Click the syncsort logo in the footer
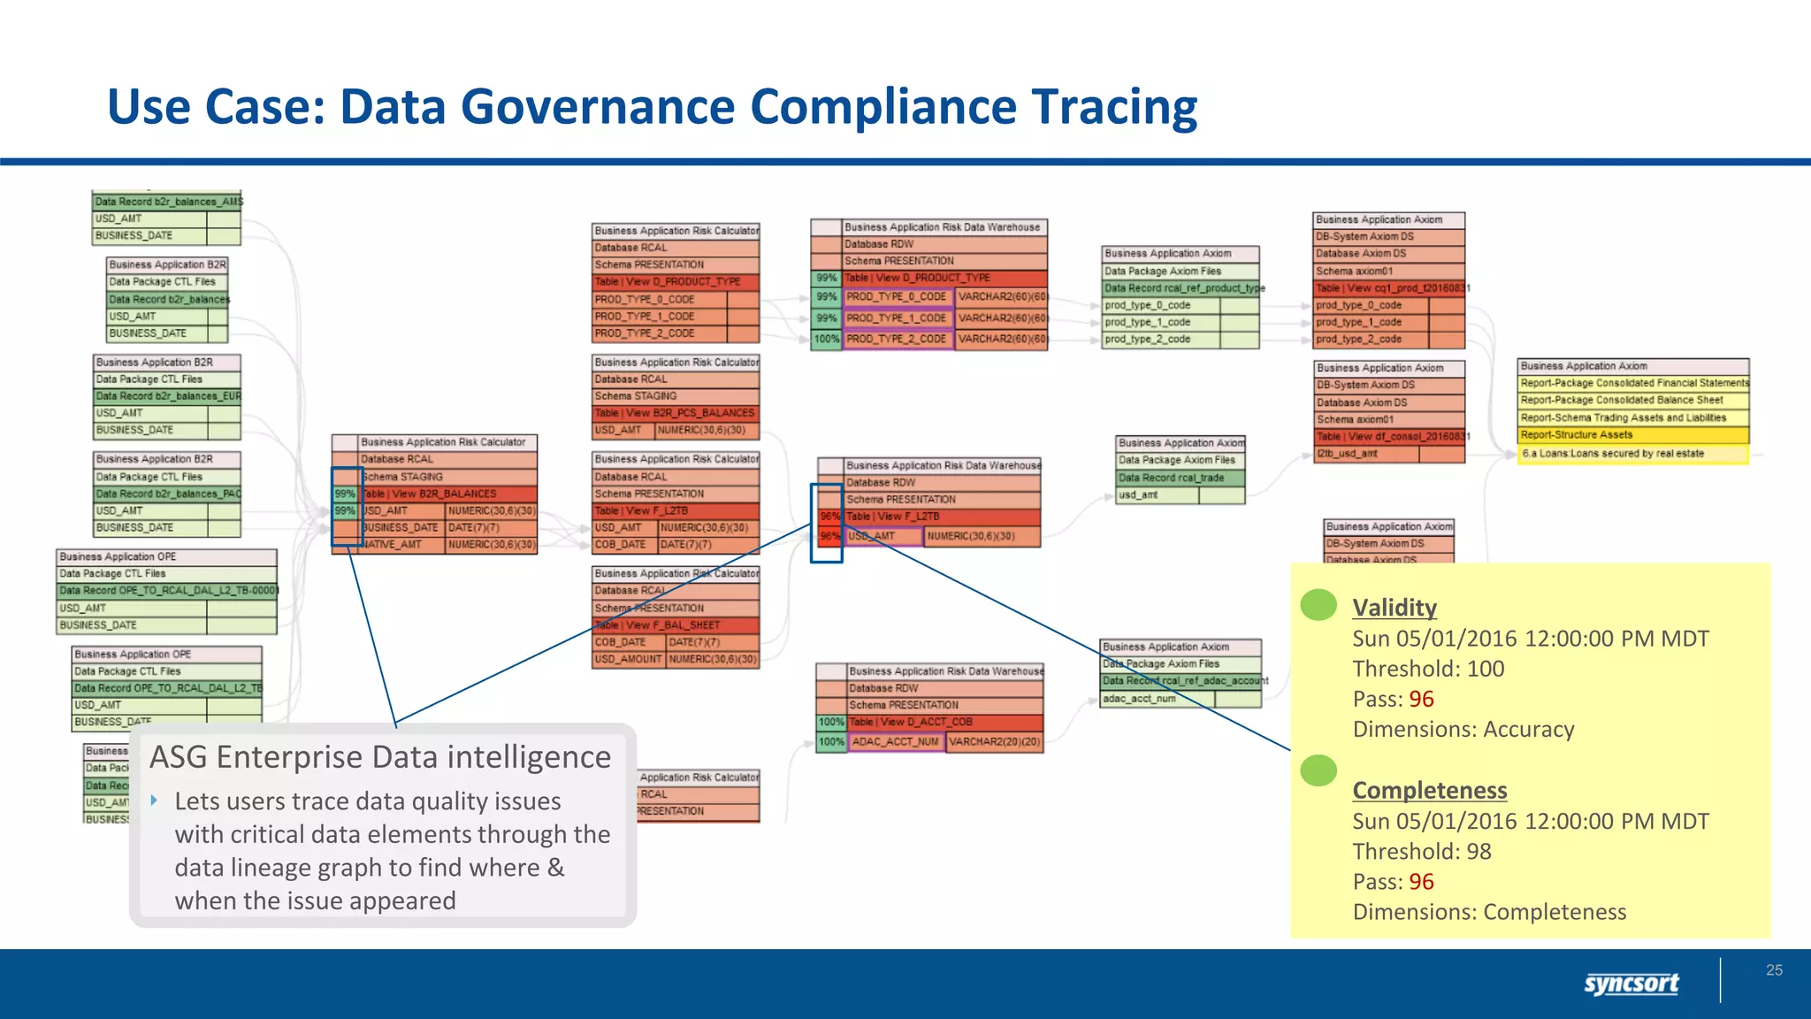pyautogui.click(x=1631, y=983)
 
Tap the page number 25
pyautogui.click(x=1774, y=970)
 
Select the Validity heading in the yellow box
pyautogui.click(x=1395, y=608)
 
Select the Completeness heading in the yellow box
pyautogui.click(x=1430, y=790)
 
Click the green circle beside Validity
pyautogui.click(x=1318, y=605)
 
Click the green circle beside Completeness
pyautogui.click(x=1318, y=770)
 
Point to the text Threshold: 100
pyautogui.click(x=1428, y=669)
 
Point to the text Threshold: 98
pyautogui.click(x=1421, y=851)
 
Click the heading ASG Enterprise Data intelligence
pyautogui.click(x=380, y=757)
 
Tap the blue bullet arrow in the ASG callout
pyautogui.click(x=155, y=801)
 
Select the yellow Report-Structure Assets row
pyautogui.click(x=1632, y=435)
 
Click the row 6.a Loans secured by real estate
pyautogui.click(x=1632, y=454)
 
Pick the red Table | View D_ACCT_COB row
pyautogui.click(x=944, y=722)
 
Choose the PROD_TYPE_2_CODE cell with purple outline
pyautogui.click(x=898, y=339)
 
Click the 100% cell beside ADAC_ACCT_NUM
pyautogui.click(x=831, y=742)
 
